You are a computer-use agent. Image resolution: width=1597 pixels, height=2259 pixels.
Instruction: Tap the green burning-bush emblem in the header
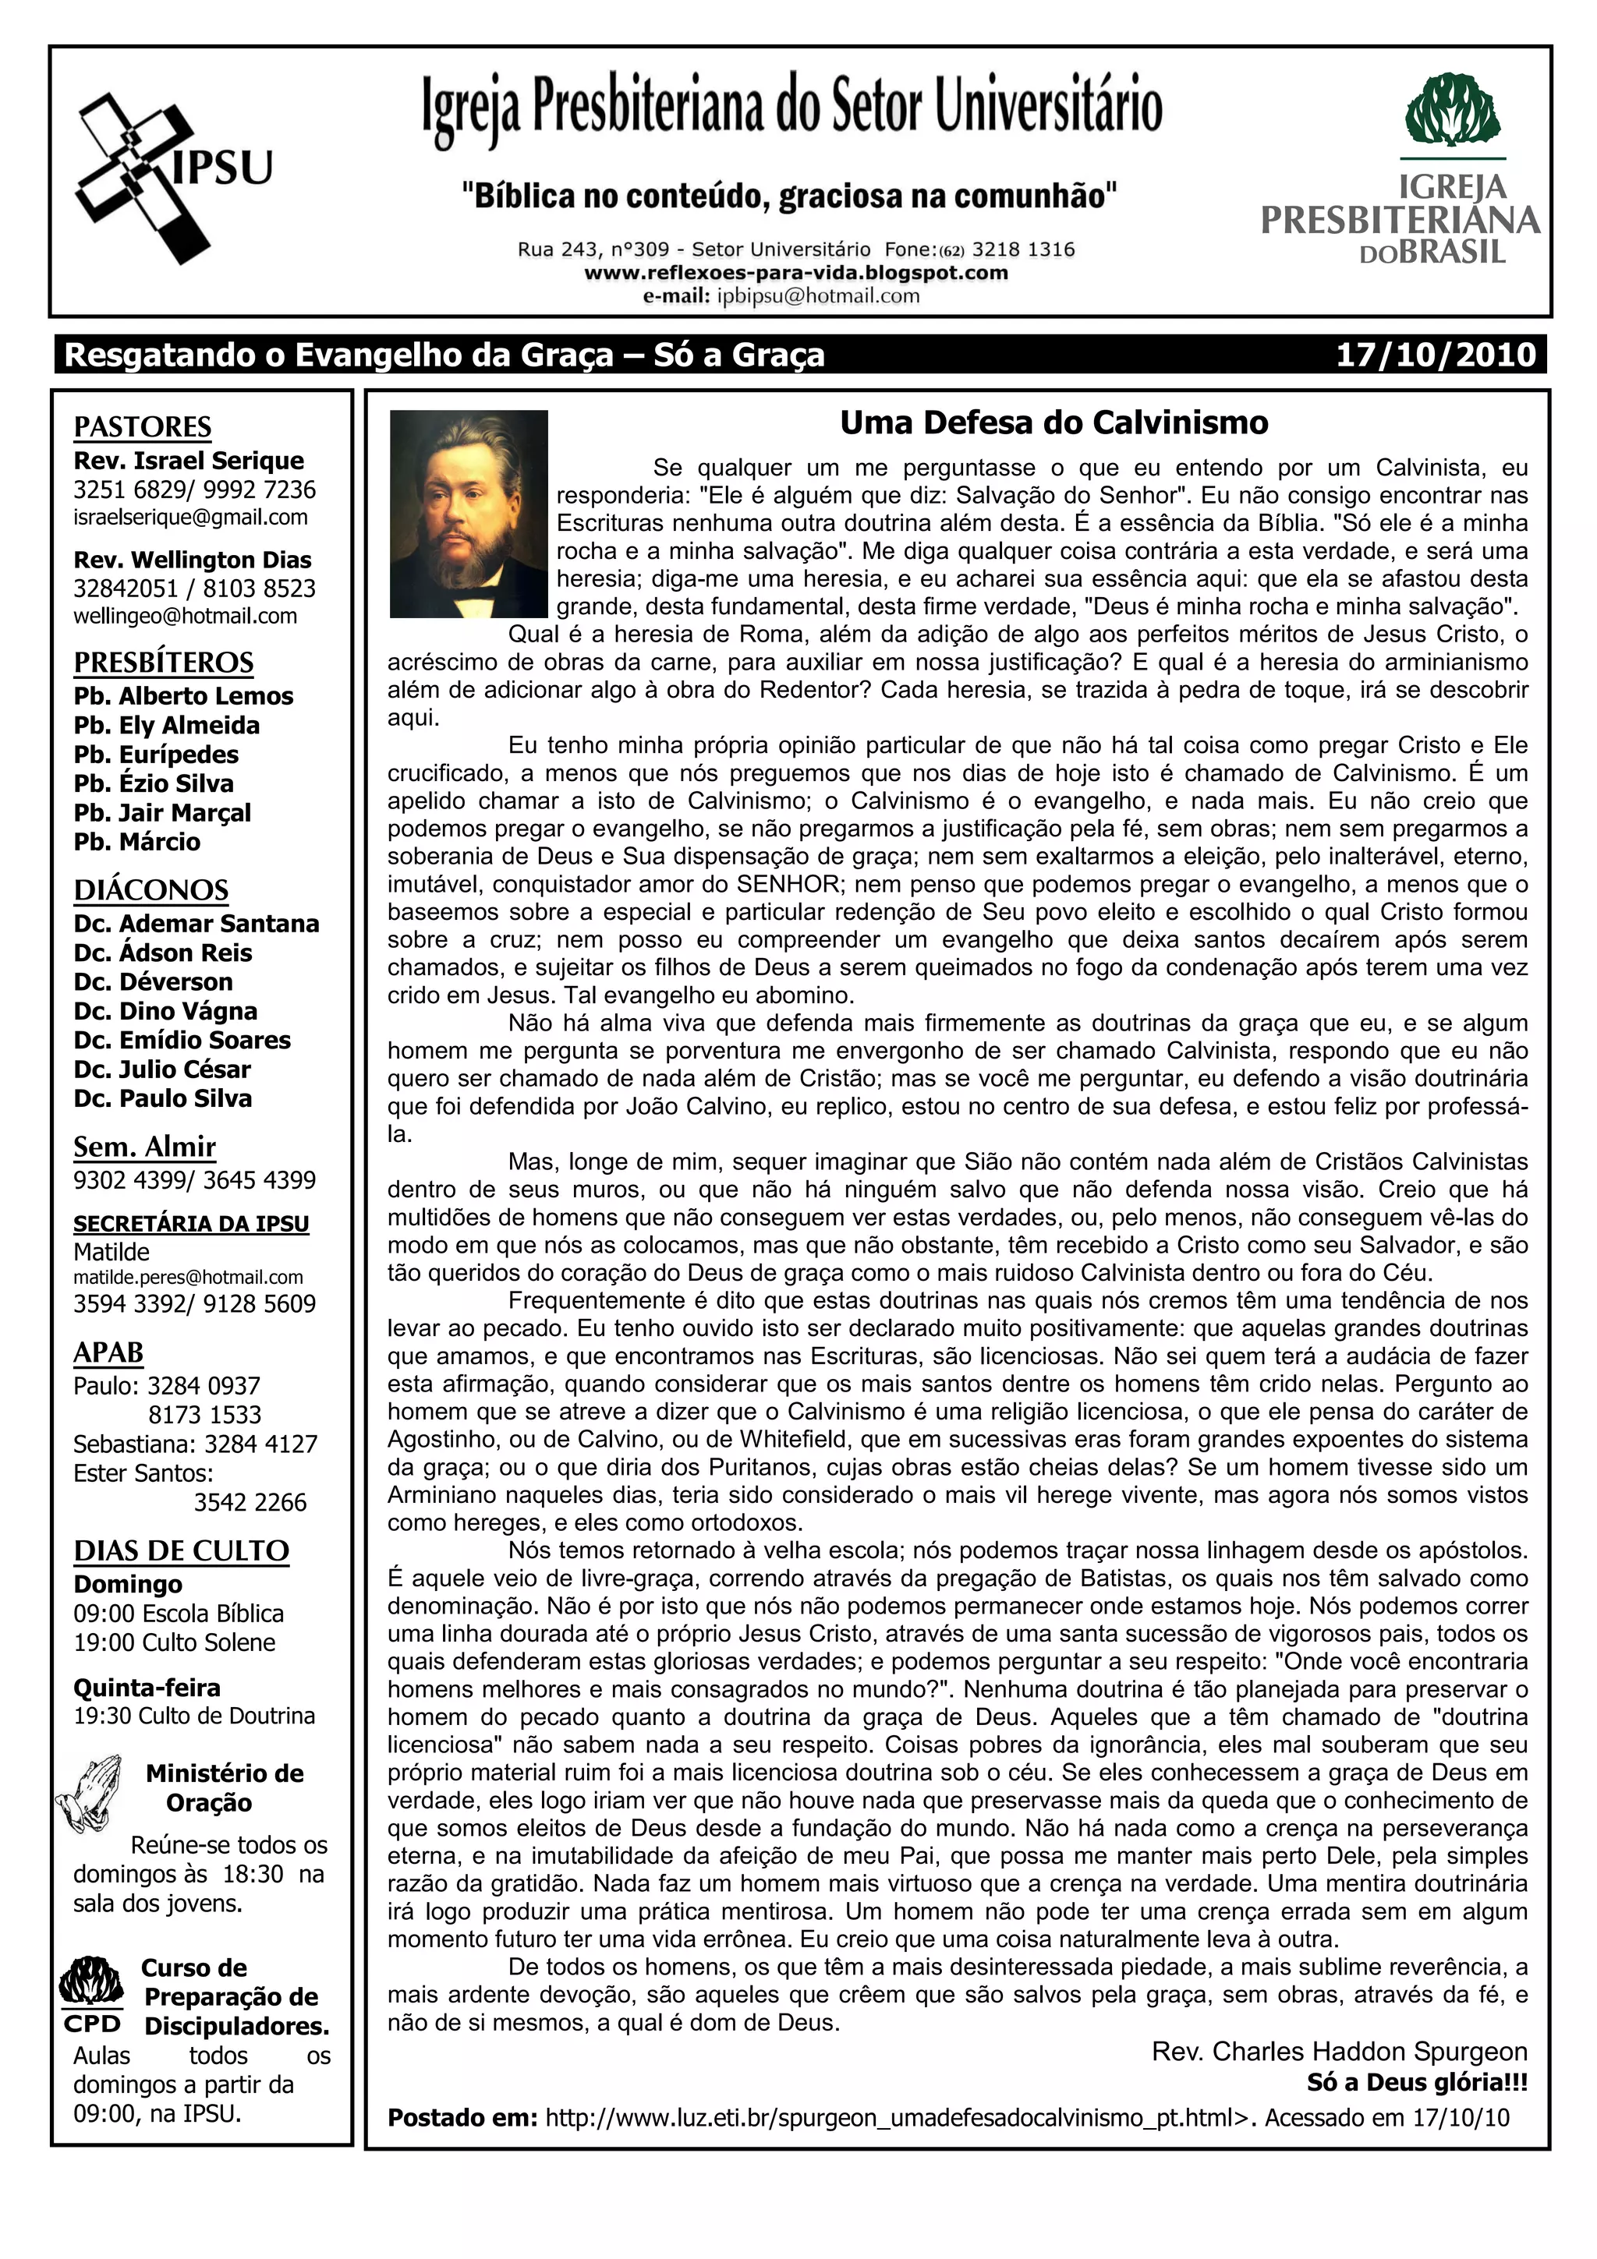tap(1453, 110)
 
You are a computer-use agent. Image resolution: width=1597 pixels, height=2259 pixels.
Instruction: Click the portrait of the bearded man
tap(469, 514)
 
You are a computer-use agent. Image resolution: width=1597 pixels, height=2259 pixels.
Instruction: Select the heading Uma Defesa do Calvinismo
tap(1053, 423)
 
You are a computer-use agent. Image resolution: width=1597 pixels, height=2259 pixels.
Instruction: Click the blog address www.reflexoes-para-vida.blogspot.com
tap(796, 273)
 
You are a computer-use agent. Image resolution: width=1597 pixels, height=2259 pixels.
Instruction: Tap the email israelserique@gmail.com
tap(190, 518)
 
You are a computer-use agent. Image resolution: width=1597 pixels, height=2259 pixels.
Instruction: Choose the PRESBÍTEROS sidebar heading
tap(163, 662)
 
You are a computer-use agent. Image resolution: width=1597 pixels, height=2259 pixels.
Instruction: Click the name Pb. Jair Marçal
tap(162, 813)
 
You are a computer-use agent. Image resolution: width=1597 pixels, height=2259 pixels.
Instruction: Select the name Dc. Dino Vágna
tap(165, 1012)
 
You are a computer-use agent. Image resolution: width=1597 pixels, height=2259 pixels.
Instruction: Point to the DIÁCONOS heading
tap(150, 889)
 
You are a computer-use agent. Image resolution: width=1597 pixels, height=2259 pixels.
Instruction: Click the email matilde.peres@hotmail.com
tap(188, 1277)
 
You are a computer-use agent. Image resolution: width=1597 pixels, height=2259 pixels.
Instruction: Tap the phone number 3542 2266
tap(250, 1502)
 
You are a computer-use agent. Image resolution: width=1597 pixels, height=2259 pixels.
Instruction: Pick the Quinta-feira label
tap(147, 1688)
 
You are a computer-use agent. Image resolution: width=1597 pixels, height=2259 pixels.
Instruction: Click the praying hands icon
tap(90, 1793)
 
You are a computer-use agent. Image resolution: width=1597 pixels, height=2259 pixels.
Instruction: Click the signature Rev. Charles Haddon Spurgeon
tap(1339, 2052)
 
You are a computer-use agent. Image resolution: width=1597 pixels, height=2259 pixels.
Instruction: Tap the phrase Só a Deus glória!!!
tap(1416, 2082)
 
